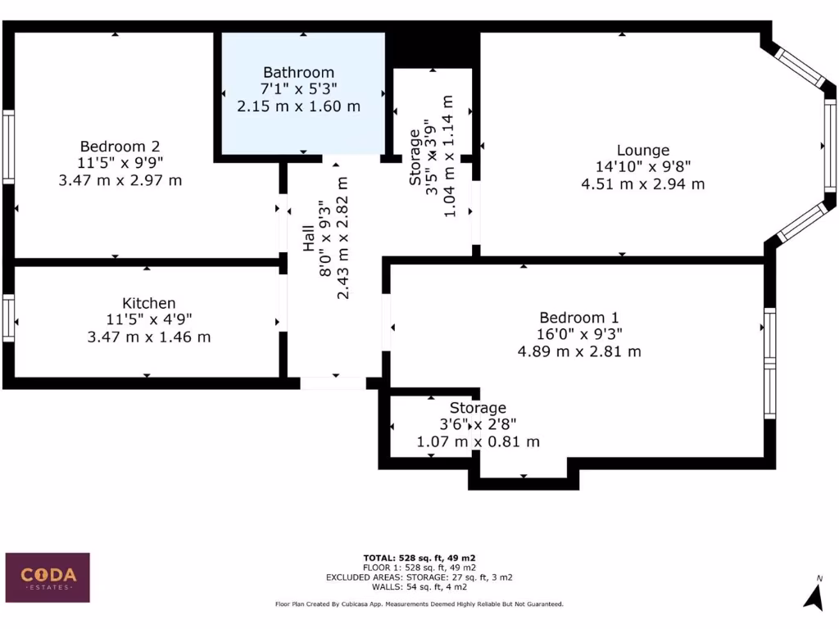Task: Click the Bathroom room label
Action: pyautogui.click(x=298, y=72)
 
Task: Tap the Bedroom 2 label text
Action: pyautogui.click(x=120, y=147)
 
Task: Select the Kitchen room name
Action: pyautogui.click(x=148, y=303)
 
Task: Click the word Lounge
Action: pyautogui.click(x=642, y=150)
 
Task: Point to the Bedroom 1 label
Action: pyautogui.click(x=578, y=318)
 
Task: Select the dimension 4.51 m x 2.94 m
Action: pyautogui.click(x=642, y=184)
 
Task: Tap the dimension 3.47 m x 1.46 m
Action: pyautogui.click(x=148, y=337)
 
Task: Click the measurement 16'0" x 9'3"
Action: pyautogui.click(x=578, y=334)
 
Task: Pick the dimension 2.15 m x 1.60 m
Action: pyautogui.click(x=298, y=106)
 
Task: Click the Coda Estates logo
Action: pyautogui.click(x=48, y=577)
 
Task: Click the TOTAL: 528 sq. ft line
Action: pyautogui.click(x=419, y=558)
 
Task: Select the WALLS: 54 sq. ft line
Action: pyautogui.click(x=419, y=586)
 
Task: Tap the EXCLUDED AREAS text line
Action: pyautogui.click(x=419, y=577)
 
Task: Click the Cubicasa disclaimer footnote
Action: pyautogui.click(x=419, y=604)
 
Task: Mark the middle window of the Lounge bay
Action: pyautogui.click(x=829, y=146)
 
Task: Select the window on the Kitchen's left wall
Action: pyautogui.click(x=8, y=319)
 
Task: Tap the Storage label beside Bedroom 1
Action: pyautogui.click(x=478, y=408)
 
